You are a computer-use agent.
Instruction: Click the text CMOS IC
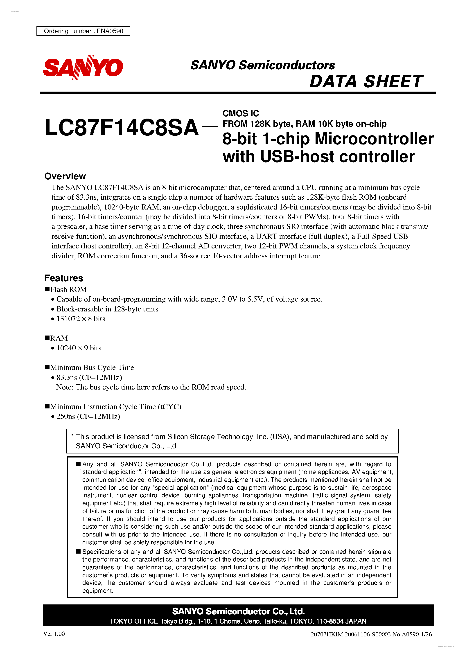tap(241, 113)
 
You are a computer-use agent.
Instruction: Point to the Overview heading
tap(65, 176)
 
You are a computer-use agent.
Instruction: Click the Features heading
tap(64, 278)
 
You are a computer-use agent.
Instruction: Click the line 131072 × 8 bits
tap(81, 319)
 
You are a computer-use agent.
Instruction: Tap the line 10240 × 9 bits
tap(79, 348)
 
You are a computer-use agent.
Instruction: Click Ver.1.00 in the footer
tap(54, 634)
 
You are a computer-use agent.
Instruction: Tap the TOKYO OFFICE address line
tap(238, 621)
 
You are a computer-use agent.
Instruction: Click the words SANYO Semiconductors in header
tap(263, 65)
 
